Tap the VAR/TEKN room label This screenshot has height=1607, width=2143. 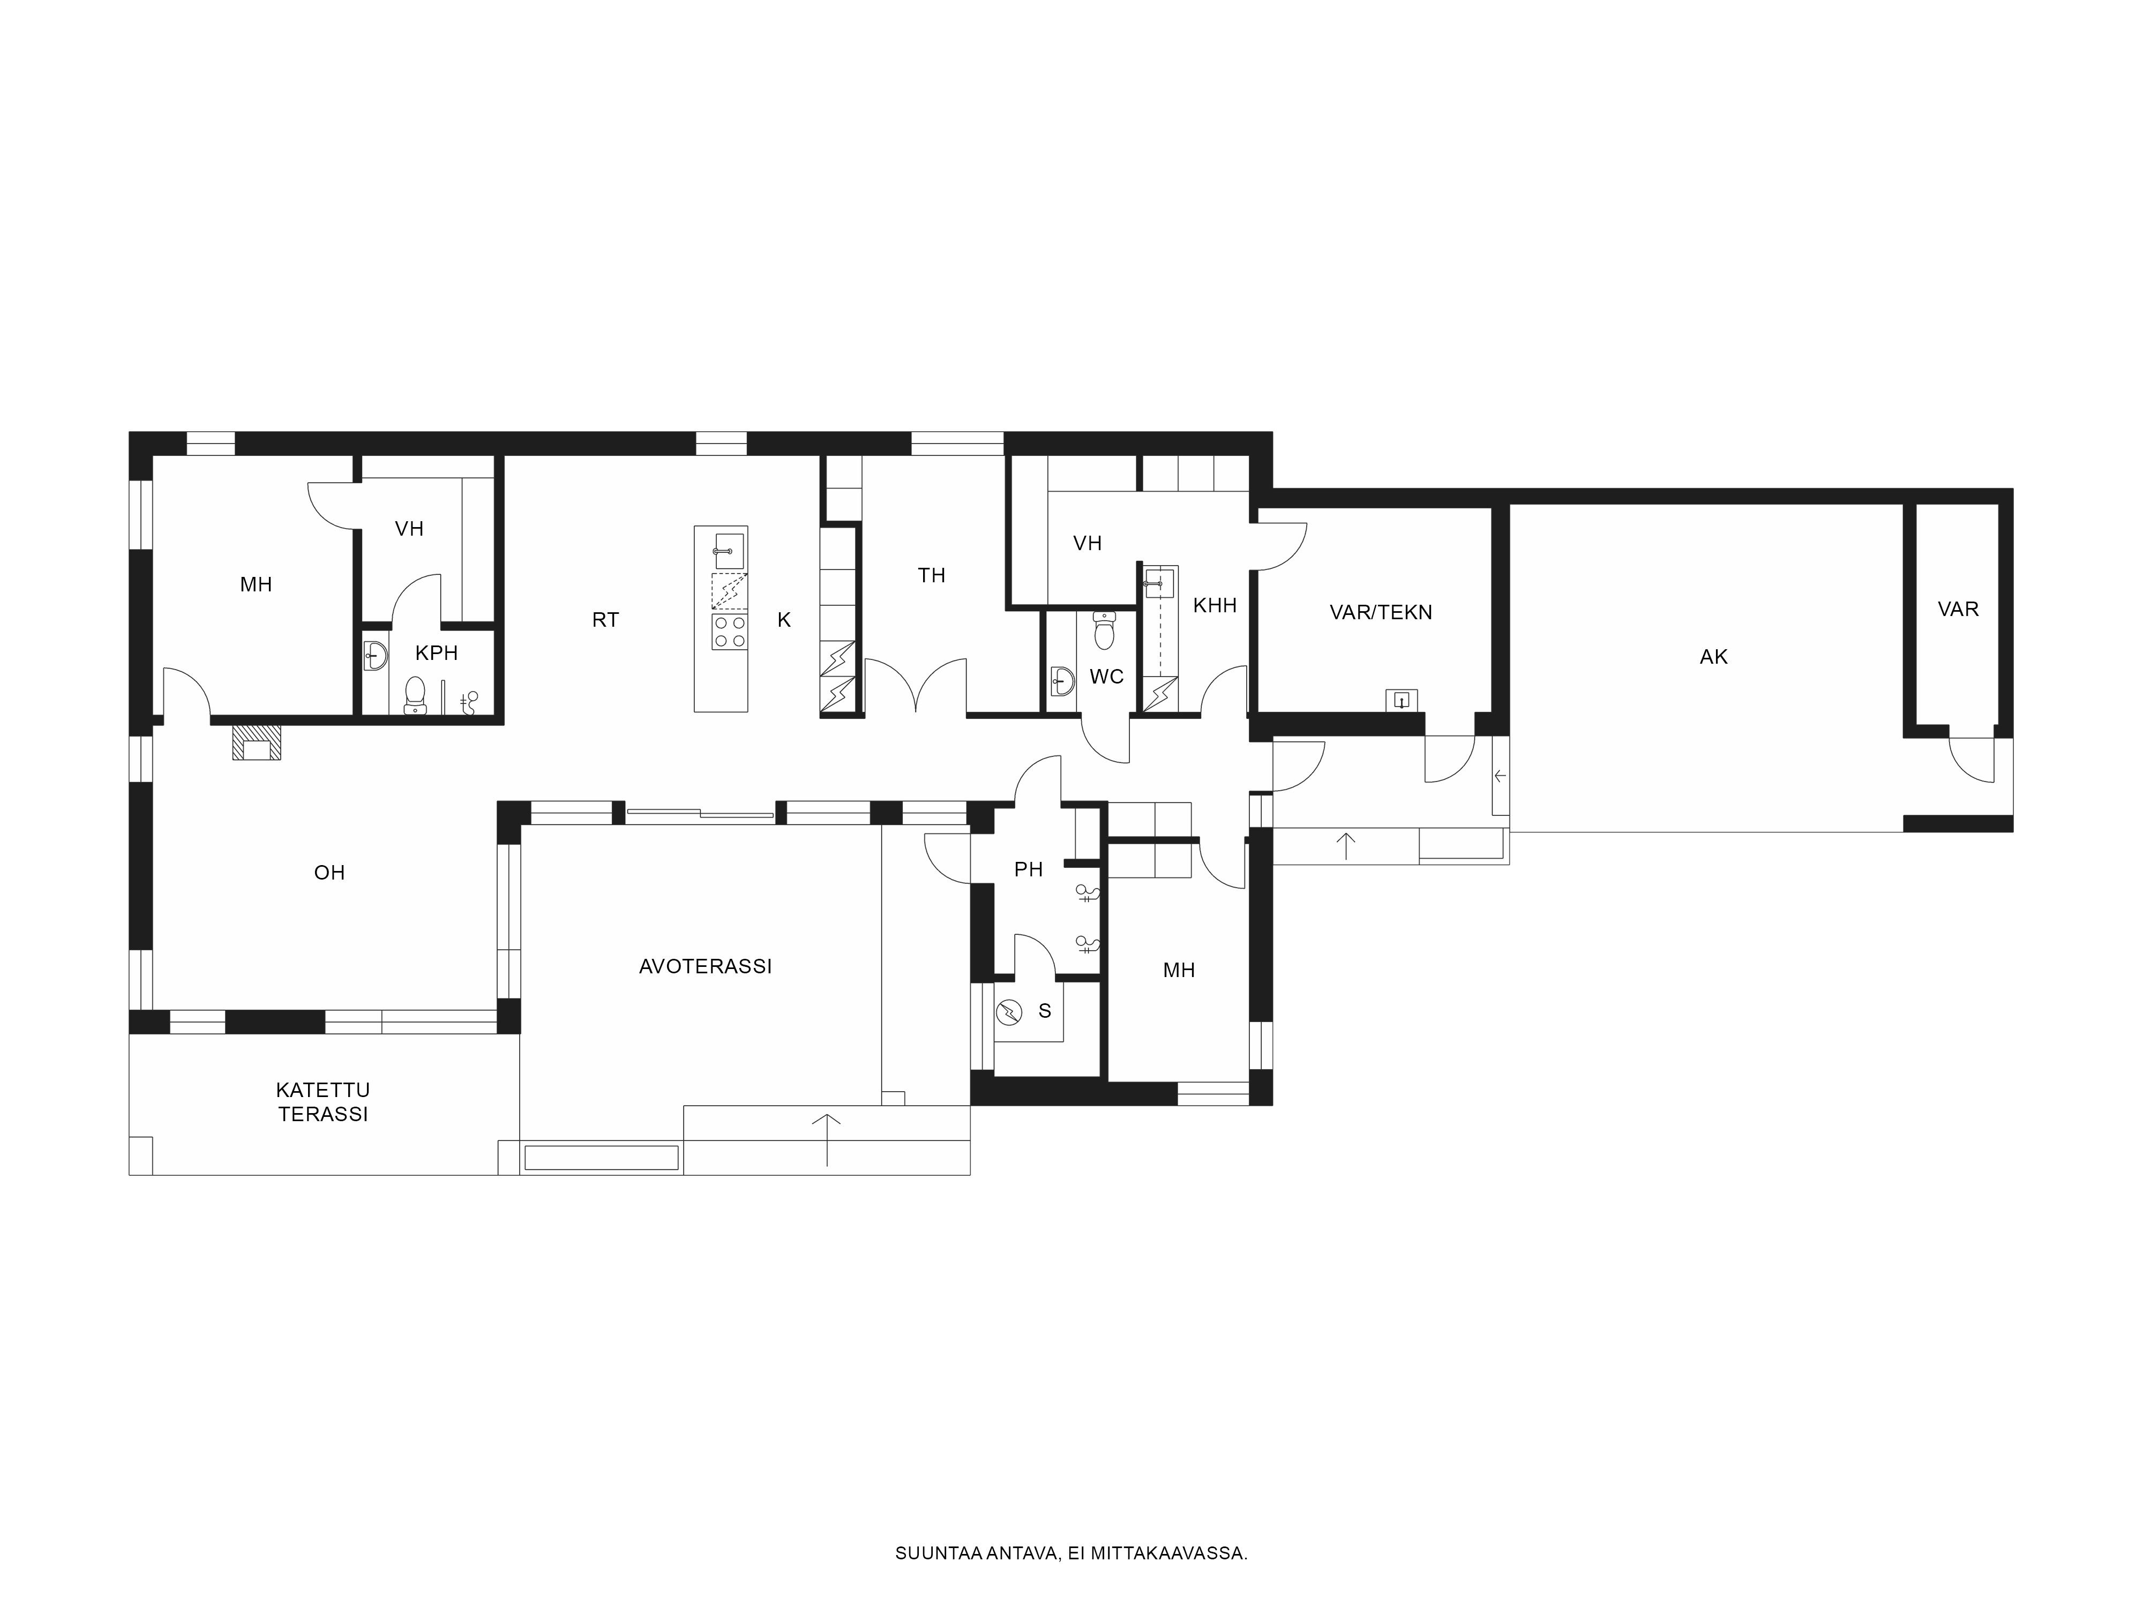[1381, 612]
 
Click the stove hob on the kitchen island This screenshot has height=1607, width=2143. [730, 632]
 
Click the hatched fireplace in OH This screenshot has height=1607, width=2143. [257, 744]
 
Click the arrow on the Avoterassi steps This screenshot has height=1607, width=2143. [826, 1139]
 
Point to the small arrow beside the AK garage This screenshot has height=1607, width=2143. [1500, 776]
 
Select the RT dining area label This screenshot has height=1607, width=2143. [605, 620]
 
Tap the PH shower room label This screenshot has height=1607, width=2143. [1028, 870]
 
